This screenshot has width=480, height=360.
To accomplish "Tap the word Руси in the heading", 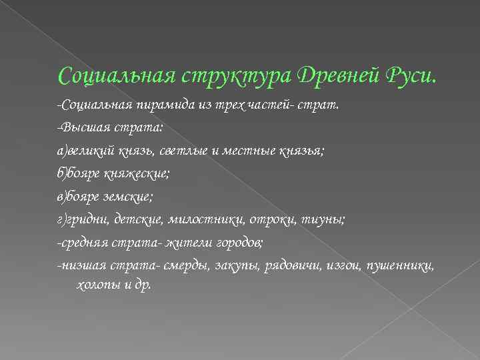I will point(412,75).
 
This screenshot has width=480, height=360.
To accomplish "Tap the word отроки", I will point(264,220).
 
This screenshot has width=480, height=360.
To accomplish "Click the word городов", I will point(248,243).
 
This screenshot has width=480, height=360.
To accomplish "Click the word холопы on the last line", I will point(91,285).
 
